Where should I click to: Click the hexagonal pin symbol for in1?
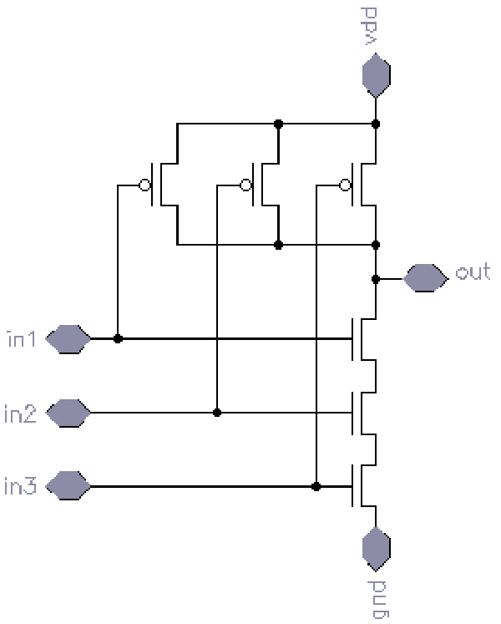[68, 339]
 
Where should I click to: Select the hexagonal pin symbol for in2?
[68, 413]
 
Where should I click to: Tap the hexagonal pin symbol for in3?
[68, 485]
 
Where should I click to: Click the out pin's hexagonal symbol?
[425, 277]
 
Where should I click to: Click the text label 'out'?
[473, 273]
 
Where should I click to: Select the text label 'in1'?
[22, 338]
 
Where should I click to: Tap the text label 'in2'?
[22, 412]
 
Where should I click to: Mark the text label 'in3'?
[22, 485]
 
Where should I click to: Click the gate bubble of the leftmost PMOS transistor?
[145, 185]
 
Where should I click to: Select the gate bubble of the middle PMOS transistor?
[245, 185]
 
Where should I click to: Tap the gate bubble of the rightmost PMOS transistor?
[345, 185]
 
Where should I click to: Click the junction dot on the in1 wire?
[118, 339]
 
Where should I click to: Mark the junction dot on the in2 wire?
[217, 413]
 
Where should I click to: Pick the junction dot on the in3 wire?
[316, 485]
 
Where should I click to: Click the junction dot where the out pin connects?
[377, 278]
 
